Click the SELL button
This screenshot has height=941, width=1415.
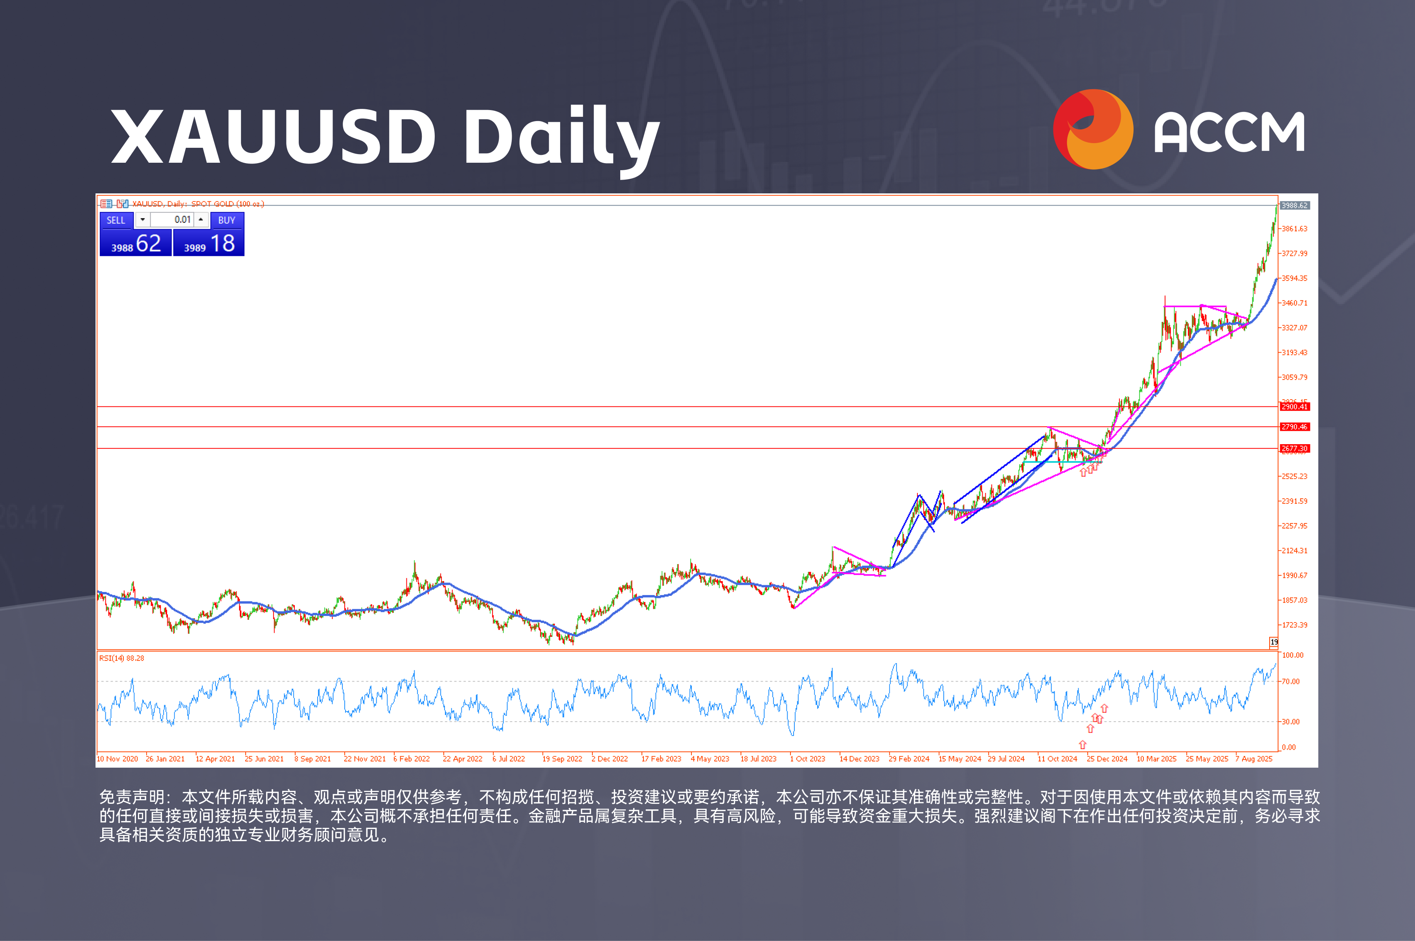click(116, 220)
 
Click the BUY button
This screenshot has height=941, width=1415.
click(226, 220)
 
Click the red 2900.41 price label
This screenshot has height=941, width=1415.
click(1294, 407)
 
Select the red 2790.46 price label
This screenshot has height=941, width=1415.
click(1294, 427)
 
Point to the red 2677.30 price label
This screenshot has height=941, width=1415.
click(1294, 449)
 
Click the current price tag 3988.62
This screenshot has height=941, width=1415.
click(1294, 205)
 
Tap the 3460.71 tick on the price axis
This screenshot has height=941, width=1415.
click(1294, 303)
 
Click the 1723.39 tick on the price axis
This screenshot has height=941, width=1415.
click(1294, 625)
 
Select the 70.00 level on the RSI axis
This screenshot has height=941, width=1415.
click(1291, 682)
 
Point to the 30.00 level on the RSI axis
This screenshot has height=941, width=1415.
click(1291, 721)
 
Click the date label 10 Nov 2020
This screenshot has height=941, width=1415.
click(118, 759)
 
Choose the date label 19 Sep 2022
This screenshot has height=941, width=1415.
click(562, 759)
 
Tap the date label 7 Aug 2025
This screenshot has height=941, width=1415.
click(1254, 759)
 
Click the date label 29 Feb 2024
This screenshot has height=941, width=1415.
click(909, 759)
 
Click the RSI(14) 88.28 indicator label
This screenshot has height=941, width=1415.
click(122, 658)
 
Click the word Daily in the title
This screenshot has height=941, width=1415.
click(561, 137)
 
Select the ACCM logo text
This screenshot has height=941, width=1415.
click(1229, 132)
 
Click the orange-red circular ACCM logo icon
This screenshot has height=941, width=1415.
click(1093, 129)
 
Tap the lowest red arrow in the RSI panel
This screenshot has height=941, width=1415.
click(1082, 745)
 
